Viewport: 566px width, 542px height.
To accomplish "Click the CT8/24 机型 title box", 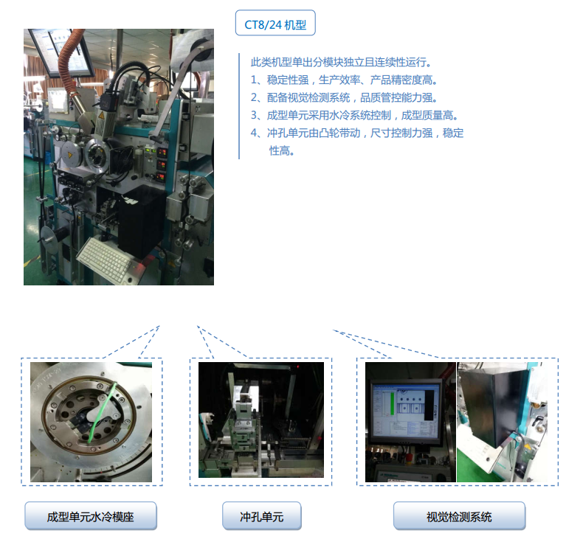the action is click(275, 23).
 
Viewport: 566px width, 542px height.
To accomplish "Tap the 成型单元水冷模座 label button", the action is click(91, 516).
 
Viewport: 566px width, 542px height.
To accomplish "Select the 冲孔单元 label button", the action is click(262, 516).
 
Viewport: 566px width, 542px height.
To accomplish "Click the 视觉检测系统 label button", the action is click(459, 516).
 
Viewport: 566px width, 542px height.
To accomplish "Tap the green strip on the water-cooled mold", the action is click(102, 413).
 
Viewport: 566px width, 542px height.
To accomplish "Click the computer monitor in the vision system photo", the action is click(406, 411).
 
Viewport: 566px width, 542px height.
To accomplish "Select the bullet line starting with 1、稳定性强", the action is click(344, 80).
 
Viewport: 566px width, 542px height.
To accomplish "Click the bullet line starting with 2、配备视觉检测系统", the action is click(344, 98).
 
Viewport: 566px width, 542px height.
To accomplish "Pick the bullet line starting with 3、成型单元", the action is click(354, 115).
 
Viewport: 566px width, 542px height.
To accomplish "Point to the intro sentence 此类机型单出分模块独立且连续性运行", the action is click(341, 63).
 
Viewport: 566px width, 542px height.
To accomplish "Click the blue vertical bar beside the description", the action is click(239, 106).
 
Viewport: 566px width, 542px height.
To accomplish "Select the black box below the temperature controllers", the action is click(142, 220).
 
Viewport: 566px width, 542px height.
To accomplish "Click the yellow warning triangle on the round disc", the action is click(69, 155).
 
